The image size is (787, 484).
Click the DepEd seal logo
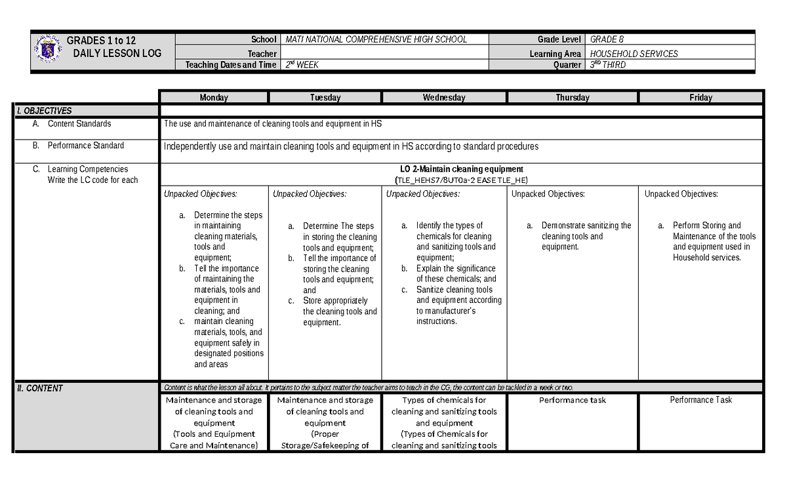point(48,50)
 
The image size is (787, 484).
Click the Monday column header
point(214,98)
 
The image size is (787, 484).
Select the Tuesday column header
point(325,98)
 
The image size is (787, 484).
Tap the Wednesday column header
point(444,98)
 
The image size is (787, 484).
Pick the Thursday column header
point(573,98)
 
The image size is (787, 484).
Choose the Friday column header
point(700,98)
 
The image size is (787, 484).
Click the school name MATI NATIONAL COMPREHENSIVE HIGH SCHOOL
point(376,39)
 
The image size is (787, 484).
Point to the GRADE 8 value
point(607,39)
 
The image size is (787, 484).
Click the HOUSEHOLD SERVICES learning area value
point(634,54)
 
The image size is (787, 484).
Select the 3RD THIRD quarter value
point(608,65)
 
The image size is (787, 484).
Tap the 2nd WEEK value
point(303,65)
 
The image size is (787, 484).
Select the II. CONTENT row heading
point(40,388)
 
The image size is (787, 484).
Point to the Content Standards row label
point(79,124)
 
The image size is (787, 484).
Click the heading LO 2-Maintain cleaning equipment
point(461,169)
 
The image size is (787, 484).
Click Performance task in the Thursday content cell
point(573,400)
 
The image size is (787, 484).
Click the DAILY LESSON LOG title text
point(115,53)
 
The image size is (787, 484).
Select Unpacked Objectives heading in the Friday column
point(681,194)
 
